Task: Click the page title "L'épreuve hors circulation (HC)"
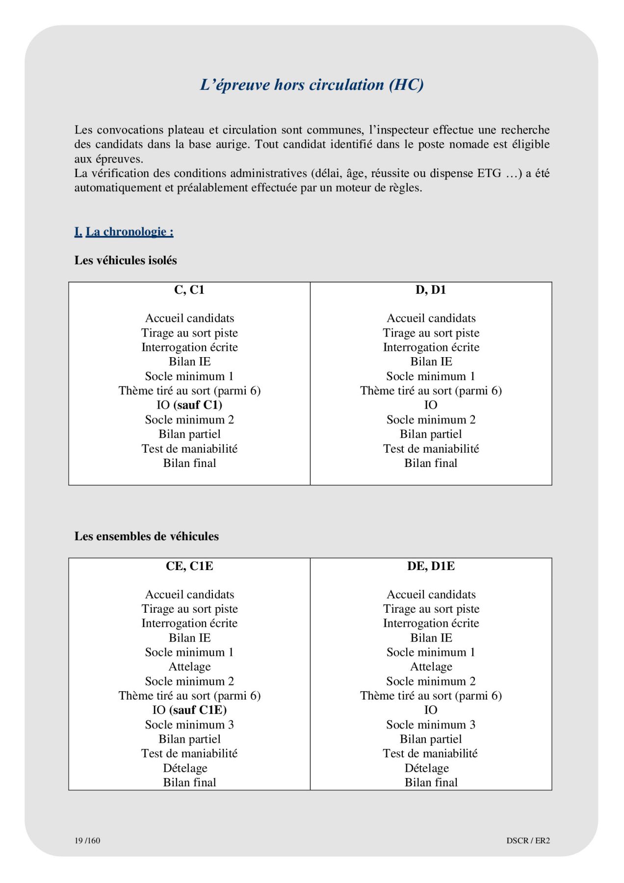[312, 85]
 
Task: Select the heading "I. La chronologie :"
[124, 232]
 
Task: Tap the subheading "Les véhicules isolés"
[126, 260]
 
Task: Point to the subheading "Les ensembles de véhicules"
[147, 536]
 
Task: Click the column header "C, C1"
[189, 290]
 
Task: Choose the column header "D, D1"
[431, 290]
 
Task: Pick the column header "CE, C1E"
[189, 566]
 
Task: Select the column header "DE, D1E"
[431, 566]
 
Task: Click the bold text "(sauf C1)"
[198, 405]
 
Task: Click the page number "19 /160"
[87, 840]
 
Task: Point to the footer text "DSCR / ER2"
[528, 840]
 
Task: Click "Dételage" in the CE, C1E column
[185, 768]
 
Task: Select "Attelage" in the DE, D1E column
[431, 667]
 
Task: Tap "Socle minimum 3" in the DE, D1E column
[431, 725]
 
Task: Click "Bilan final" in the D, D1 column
[431, 463]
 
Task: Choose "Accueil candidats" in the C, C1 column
[189, 318]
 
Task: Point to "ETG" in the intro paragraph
[489, 173]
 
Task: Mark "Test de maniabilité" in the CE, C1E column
[189, 753]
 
